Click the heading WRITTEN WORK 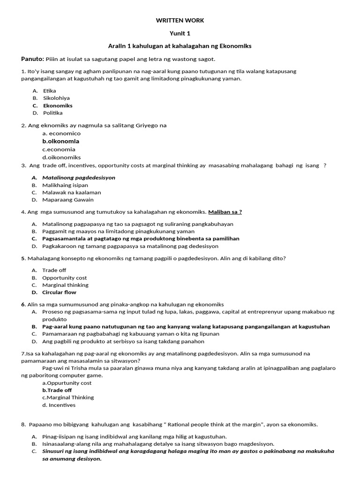click(x=180, y=21)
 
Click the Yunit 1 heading click(x=180, y=33)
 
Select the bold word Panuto click(x=32, y=59)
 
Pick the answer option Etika click(x=49, y=90)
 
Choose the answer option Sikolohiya click(x=56, y=98)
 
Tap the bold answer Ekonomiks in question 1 click(x=58, y=105)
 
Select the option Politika click(x=52, y=113)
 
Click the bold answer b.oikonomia click(x=60, y=141)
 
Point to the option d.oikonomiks click(x=61, y=157)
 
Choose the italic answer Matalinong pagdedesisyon click(x=78, y=178)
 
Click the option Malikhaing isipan click(x=65, y=185)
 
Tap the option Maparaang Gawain click(x=67, y=200)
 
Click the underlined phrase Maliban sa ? click(x=225, y=212)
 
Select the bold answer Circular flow click(x=59, y=292)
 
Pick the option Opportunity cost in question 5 click(x=64, y=277)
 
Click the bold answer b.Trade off click(x=57, y=390)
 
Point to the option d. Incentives click(x=59, y=405)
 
